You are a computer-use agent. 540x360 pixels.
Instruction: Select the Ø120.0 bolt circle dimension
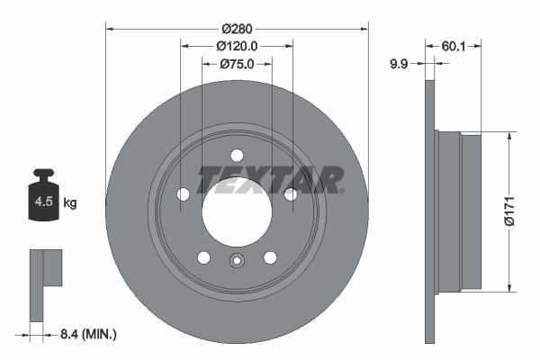(237, 45)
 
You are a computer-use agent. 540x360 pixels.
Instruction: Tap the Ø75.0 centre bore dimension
(237, 64)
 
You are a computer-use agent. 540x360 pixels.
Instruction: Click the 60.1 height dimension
(454, 44)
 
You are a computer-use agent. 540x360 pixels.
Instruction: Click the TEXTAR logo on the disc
(270, 180)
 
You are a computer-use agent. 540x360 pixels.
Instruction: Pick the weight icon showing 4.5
(43, 199)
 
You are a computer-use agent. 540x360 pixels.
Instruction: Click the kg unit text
(70, 203)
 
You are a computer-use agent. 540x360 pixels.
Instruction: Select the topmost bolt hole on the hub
(237, 154)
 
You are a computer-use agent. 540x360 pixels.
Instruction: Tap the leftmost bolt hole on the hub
(184, 193)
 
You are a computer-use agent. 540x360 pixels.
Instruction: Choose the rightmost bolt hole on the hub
(290, 193)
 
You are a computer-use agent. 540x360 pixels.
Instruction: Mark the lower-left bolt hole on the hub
(203, 257)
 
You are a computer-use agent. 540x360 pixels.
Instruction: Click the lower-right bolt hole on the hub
(270, 257)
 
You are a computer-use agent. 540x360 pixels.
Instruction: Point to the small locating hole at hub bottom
(237, 262)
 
